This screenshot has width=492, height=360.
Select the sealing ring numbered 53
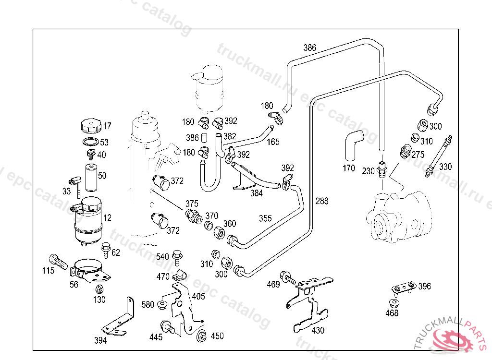90,143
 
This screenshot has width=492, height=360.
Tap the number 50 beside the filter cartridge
102,176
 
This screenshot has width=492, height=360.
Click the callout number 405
198,296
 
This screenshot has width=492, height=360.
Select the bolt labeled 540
177,255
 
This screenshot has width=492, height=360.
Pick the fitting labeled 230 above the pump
382,169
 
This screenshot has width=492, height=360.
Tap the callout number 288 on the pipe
322,201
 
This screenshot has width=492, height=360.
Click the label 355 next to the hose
265,218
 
